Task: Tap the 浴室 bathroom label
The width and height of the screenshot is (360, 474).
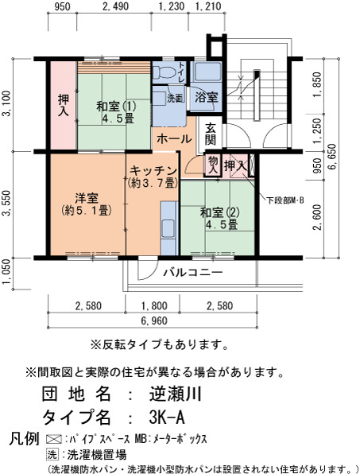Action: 206,97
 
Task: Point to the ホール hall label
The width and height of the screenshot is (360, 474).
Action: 174,138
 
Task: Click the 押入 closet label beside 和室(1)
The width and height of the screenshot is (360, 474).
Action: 64,105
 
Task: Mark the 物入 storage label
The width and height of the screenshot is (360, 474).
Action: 213,165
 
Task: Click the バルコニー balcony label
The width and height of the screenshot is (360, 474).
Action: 193,272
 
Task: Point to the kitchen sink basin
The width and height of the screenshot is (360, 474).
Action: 168,228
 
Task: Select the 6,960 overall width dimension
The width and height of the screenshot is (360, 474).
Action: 154,321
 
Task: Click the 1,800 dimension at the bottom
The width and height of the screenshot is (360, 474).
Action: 154,305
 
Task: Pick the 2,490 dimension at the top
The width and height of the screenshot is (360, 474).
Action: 115,6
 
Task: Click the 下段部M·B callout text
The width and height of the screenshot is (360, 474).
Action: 285,200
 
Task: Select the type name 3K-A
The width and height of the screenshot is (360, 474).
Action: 167,418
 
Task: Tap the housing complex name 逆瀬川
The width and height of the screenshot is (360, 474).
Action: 175,394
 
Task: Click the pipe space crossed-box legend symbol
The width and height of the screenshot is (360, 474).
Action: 53,439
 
